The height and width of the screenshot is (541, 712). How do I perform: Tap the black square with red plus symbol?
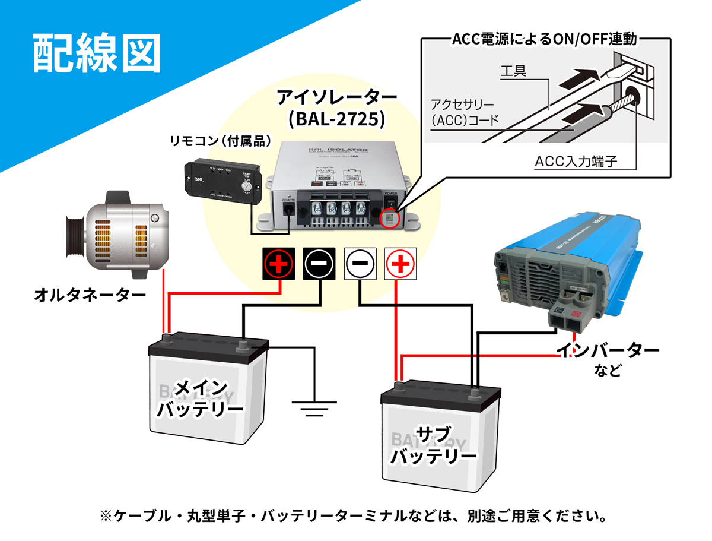point(279,263)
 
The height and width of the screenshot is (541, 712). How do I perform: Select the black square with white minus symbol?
point(320,263)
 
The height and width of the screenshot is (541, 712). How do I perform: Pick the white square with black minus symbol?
point(360,263)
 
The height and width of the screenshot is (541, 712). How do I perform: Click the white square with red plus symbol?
point(401,263)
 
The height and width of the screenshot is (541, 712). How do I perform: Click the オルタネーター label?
point(90,294)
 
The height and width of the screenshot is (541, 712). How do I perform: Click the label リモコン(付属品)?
point(220,141)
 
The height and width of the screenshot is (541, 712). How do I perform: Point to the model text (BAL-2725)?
point(336,119)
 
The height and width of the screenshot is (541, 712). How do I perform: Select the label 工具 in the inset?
point(513,72)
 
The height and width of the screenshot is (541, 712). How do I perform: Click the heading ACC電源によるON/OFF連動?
point(544,40)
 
